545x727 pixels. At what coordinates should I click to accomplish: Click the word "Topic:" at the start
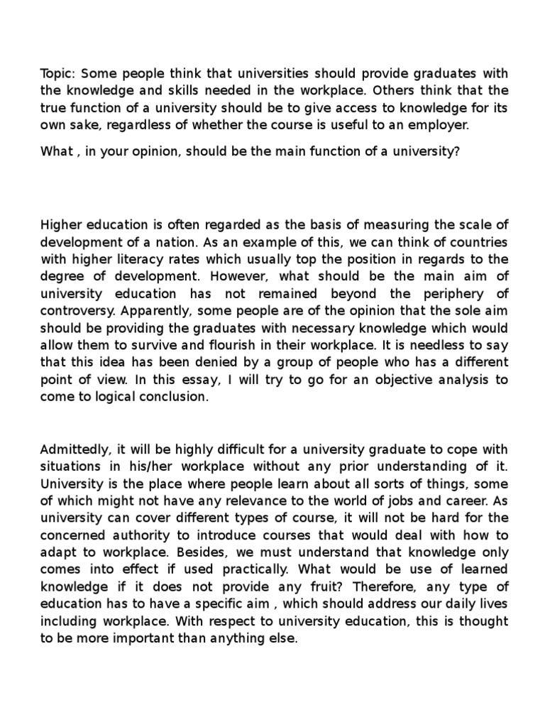58,75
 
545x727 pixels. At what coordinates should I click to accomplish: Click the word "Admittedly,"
75,451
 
